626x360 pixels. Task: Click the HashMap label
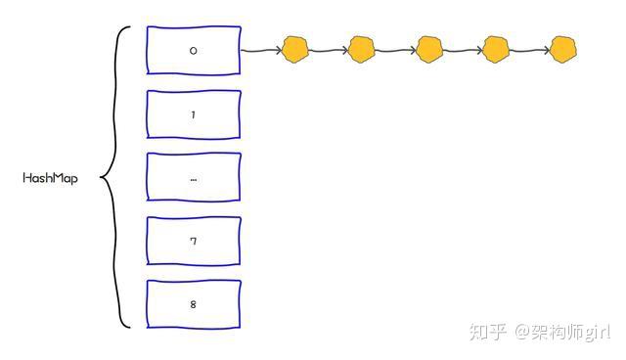50,179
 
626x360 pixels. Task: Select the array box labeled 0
194,49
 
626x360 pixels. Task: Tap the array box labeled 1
194,114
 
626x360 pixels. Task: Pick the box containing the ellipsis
194,177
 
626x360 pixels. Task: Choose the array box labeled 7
194,241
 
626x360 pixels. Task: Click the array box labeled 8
194,304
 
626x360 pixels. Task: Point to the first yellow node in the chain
295,49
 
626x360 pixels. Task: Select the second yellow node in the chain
362,49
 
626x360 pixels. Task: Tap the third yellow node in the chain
429,49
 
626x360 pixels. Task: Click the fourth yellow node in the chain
496,49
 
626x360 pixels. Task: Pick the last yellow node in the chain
563,49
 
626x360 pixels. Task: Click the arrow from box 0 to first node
260,50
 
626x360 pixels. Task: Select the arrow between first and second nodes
329,50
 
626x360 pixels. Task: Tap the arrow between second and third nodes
395,50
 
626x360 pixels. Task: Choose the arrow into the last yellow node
529,50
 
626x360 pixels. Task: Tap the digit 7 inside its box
194,241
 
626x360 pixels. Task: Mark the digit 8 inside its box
194,304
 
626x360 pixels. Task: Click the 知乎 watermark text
488,333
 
